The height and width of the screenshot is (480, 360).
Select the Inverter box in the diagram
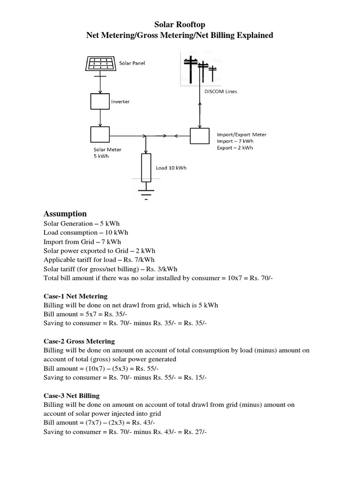99,101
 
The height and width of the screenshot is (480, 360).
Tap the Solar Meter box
99,135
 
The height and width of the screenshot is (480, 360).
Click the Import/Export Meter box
200,136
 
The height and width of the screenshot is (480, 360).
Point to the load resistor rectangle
146,168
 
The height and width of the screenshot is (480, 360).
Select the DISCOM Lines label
220,91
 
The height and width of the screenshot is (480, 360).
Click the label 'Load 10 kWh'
171,168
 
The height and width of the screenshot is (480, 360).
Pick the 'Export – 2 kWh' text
235,148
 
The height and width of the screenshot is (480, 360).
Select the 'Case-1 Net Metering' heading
75,296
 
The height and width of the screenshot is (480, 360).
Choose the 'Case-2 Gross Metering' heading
79,341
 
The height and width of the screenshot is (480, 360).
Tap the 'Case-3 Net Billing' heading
71,396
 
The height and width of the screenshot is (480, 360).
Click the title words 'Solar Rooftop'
180,24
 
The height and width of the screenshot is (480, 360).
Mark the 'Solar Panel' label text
132,63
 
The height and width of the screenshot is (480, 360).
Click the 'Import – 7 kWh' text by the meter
235,141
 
